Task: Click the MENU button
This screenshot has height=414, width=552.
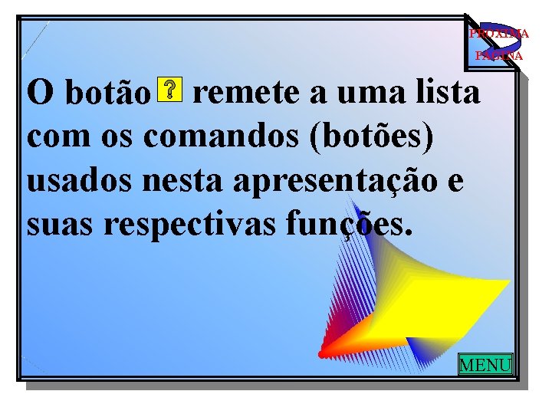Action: click(485, 364)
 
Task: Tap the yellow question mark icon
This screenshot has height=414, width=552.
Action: click(169, 90)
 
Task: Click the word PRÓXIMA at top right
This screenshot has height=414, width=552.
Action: click(498, 34)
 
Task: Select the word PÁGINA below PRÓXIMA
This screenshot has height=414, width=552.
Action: click(498, 56)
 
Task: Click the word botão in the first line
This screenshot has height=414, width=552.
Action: click(107, 95)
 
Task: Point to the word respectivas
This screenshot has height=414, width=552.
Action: click(189, 227)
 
